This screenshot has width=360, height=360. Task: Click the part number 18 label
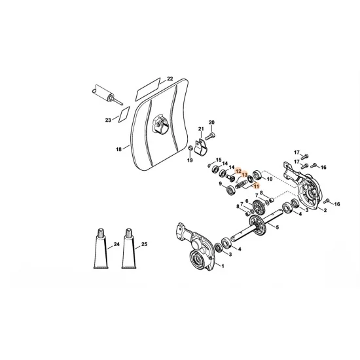tap(118, 150)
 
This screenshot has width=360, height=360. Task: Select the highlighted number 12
tap(240, 171)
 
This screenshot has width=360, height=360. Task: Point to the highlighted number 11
tap(257, 187)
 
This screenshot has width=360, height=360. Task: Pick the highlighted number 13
tap(245, 175)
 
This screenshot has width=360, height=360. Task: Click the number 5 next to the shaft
tap(276, 227)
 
